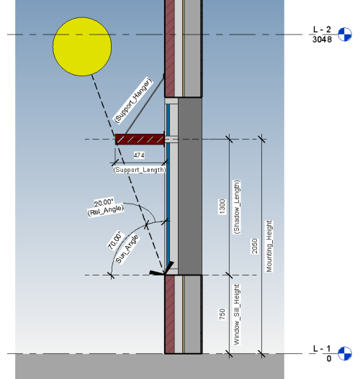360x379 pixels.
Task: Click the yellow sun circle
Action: (x=82, y=47)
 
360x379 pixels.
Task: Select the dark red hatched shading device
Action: (x=140, y=140)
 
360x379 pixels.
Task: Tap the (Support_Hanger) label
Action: (x=133, y=100)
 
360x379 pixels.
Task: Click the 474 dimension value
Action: (x=139, y=155)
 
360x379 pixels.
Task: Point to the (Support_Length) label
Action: (x=140, y=170)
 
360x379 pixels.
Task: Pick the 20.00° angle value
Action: (x=104, y=203)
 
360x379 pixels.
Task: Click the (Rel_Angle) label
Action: (x=106, y=210)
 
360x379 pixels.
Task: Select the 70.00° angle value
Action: (x=114, y=240)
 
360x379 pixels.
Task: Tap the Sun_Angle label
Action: (x=127, y=250)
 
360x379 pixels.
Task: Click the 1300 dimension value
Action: (x=222, y=206)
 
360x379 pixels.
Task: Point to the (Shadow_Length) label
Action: (x=237, y=207)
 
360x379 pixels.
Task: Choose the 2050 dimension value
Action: (x=254, y=246)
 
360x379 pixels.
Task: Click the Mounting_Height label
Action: (x=269, y=246)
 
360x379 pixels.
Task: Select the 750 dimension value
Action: (x=222, y=314)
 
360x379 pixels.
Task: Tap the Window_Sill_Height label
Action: (x=237, y=314)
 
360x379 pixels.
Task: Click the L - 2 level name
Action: (x=322, y=29)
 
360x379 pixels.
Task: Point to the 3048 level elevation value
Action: (x=322, y=40)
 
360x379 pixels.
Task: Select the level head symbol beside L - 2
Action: (x=344, y=35)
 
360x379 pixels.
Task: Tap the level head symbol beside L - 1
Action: (x=344, y=354)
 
